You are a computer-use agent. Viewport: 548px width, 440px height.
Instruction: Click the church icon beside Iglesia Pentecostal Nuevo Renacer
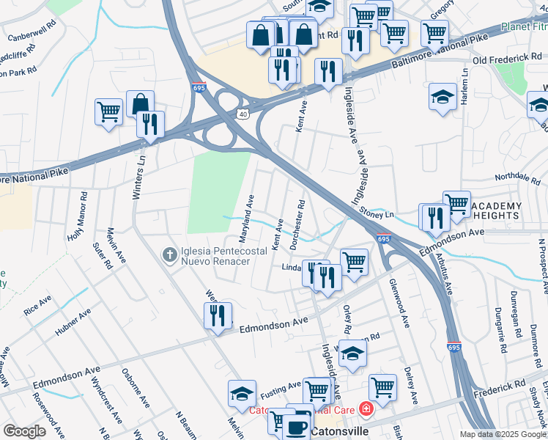click(169, 254)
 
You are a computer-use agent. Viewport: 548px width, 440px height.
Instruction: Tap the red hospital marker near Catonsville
click(365, 411)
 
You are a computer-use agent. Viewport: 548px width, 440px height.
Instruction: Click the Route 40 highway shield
click(242, 114)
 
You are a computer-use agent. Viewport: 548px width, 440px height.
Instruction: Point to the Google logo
click(24, 431)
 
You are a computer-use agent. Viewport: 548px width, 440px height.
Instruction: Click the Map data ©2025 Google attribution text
click(503, 434)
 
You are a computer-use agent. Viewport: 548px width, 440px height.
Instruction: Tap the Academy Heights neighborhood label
click(495, 210)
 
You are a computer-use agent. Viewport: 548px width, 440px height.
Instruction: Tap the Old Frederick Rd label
click(507, 58)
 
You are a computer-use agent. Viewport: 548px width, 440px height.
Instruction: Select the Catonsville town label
click(339, 432)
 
